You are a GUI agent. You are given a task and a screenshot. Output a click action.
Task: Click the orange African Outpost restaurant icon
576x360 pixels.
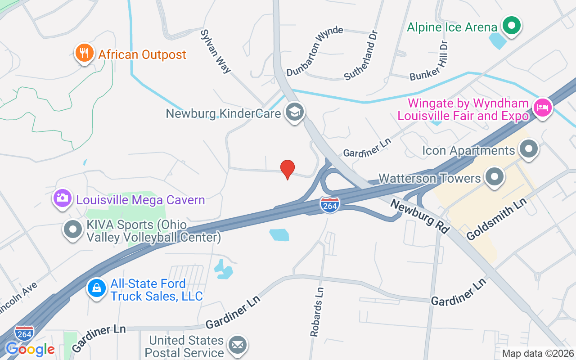pyautogui.click(x=84, y=54)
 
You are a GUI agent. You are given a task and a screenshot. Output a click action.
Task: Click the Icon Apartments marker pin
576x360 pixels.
pyautogui.click(x=529, y=149)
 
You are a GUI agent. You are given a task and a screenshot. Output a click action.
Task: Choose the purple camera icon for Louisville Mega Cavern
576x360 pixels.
pyautogui.click(x=63, y=198)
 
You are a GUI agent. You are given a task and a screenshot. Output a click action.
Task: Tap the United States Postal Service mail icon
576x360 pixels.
pyautogui.click(x=237, y=346)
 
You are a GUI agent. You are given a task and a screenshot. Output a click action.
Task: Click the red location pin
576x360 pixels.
pyautogui.click(x=288, y=169)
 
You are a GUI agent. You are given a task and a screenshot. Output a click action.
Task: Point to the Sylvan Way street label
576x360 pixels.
pyautogui.click(x=216, y=51)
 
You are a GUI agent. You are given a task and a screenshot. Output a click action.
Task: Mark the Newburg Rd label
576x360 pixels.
pyautogui.click(x=420, y=216)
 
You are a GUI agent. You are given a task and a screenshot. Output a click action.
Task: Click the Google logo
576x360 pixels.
pyautogui.click(x=30, y=349)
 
